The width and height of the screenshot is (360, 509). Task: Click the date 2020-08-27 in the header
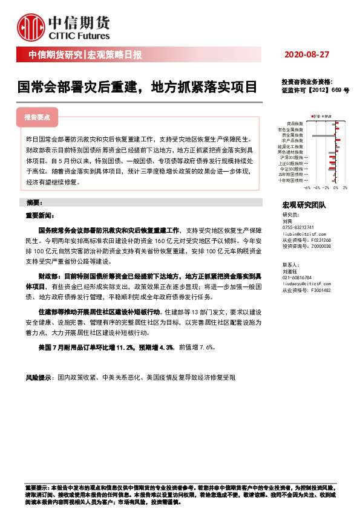pos(306,55)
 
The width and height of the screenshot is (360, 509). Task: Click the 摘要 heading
pos(33,202)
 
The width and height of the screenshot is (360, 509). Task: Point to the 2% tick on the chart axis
pos(344,188)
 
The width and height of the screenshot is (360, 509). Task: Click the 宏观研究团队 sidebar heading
pos(304,206)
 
